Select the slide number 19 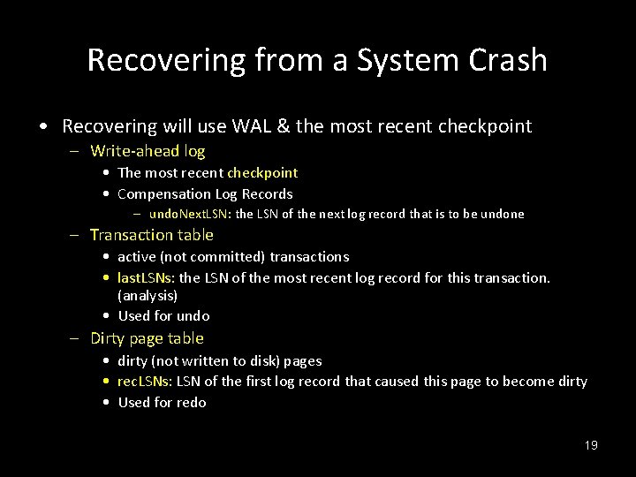tap(591, 445)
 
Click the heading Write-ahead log tap(148, 151)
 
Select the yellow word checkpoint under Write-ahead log tap(262, 172)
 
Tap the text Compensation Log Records tap(205, 193)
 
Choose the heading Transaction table tap(152, 234)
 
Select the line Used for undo tap(163, 315)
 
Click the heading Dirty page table tap(147, 338)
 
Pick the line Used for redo tap(162, 402)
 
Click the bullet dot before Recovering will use tap(44, 126)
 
